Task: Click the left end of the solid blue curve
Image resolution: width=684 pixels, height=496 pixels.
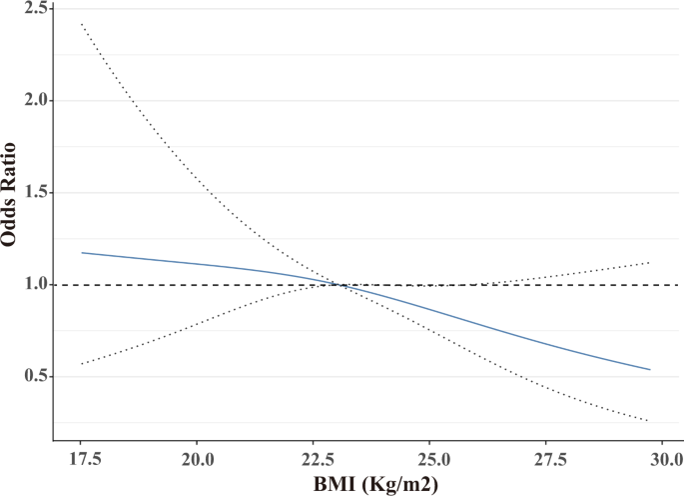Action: pyautogui.click(x=81, y=253)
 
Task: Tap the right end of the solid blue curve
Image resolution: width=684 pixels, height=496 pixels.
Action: pyautogui.click(x=650, y=370)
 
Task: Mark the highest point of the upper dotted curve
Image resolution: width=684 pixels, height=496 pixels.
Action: pyautogui.click(x=81, y=24)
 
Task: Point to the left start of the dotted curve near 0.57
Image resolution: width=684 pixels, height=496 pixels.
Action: pyautogui.click(x=81, y=364)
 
